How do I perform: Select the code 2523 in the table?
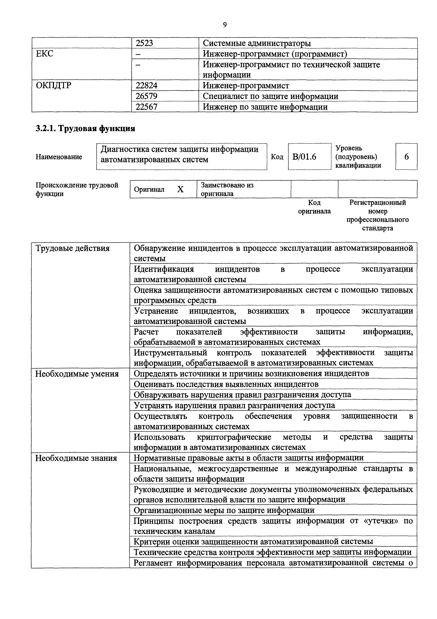point(144,43)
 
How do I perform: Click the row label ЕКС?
point(45,54)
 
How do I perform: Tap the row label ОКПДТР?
point(54,85)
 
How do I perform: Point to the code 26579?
point(146,96)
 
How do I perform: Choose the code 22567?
point(146,107)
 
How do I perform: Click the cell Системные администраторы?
point(257,43)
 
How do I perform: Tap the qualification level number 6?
point(406,157)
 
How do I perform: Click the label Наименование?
point(59,157)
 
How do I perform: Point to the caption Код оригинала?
point(314,207)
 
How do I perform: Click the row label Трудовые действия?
point(73,248)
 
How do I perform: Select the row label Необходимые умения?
point(77,374)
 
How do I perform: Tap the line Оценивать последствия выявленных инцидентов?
point(226,384)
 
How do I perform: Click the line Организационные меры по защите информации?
point(224,510)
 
